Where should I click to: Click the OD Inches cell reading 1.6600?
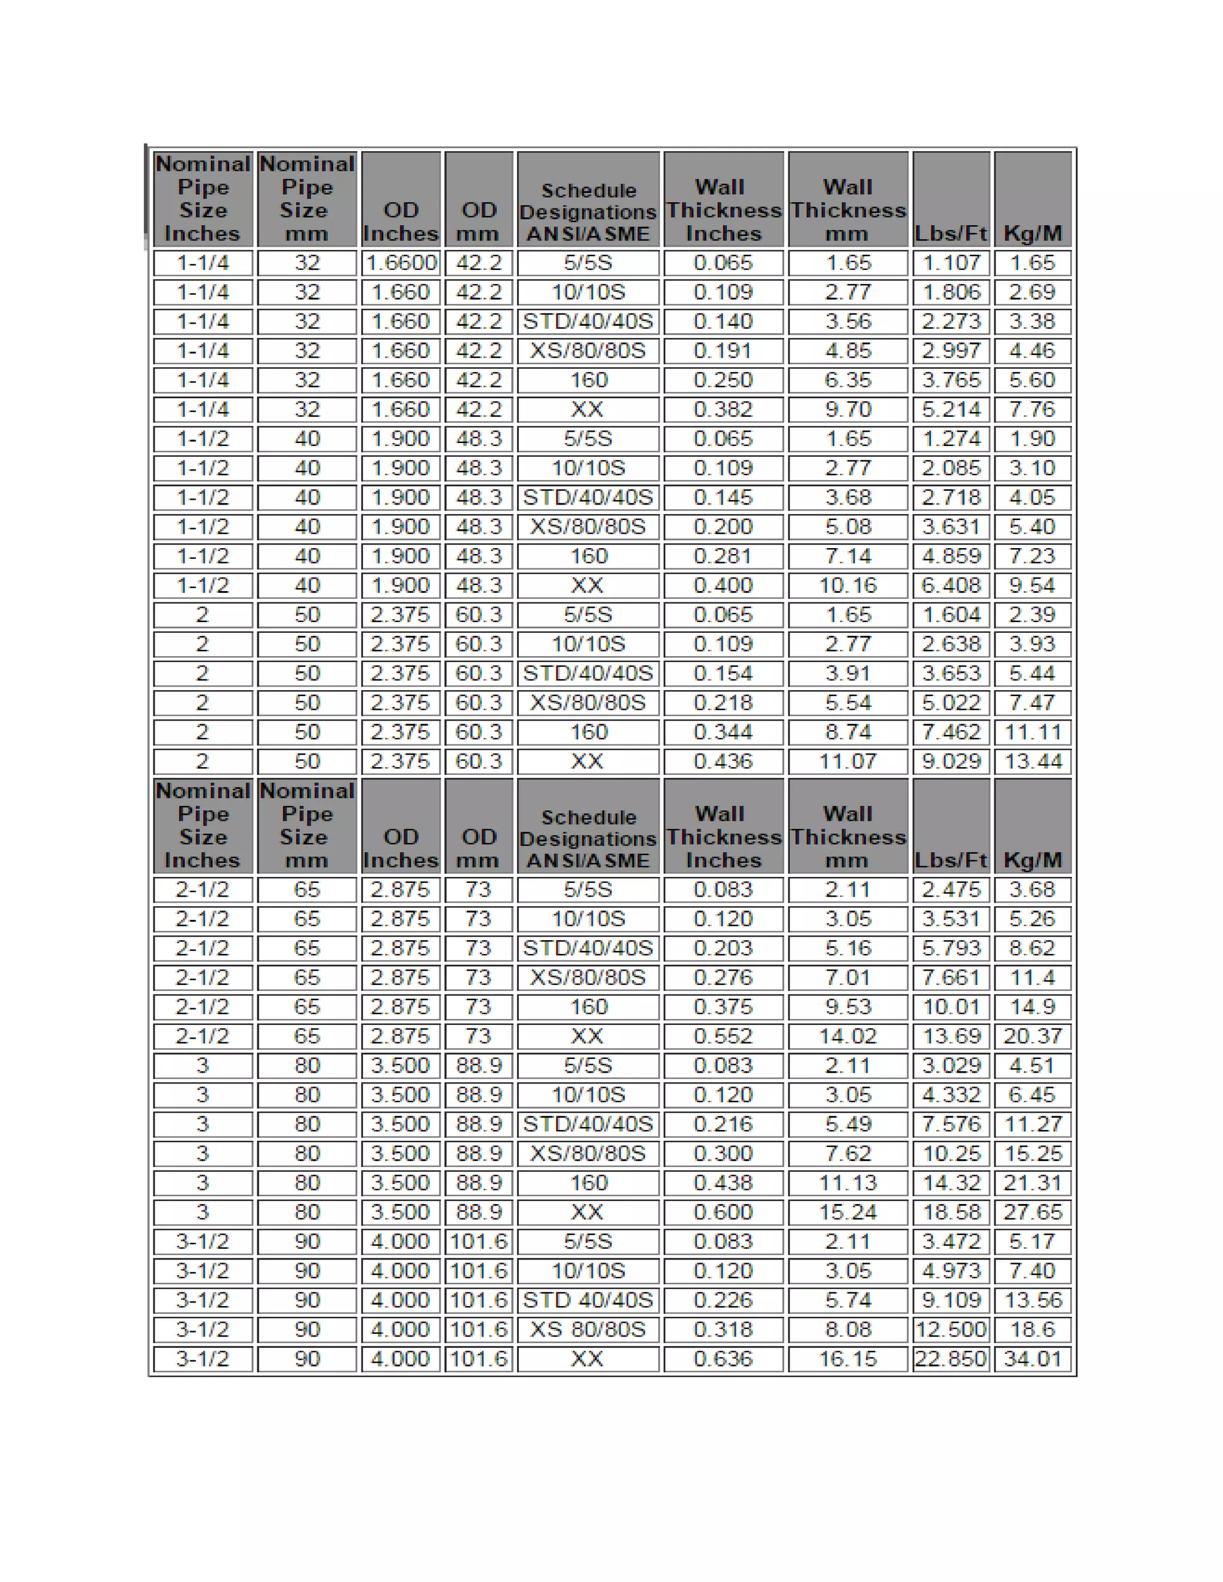(x=401, y=263)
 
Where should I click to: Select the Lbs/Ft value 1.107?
(x=951, y=263)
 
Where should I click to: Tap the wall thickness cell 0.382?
(x=723, y=410)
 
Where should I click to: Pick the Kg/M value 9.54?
(x=1032, y=585)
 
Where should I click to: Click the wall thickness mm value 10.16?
(x=848, y=585)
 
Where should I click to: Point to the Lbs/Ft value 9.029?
(x=951, y=761)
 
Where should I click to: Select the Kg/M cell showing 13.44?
(x=1032, y=761)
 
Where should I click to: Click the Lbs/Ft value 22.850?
(x=951, y=1359)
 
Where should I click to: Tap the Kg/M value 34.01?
(x=1032, y=1359)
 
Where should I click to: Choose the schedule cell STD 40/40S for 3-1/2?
(x=588, y=1300)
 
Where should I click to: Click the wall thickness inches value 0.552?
(x=723, y=1036)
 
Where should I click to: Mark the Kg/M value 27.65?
(x=1032, y=1212)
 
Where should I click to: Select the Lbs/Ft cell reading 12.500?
(x=951, y=1329)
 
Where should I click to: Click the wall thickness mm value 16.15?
(x=848, y=1359)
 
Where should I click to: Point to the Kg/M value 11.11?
(x=1032, y=732)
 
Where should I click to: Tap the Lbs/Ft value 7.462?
(x=951, y=732)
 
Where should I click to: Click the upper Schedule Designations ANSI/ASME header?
(x=588, y=211)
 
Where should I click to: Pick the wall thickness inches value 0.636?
(x=723, y=1359)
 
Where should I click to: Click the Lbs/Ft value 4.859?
(x=951, y=556)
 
